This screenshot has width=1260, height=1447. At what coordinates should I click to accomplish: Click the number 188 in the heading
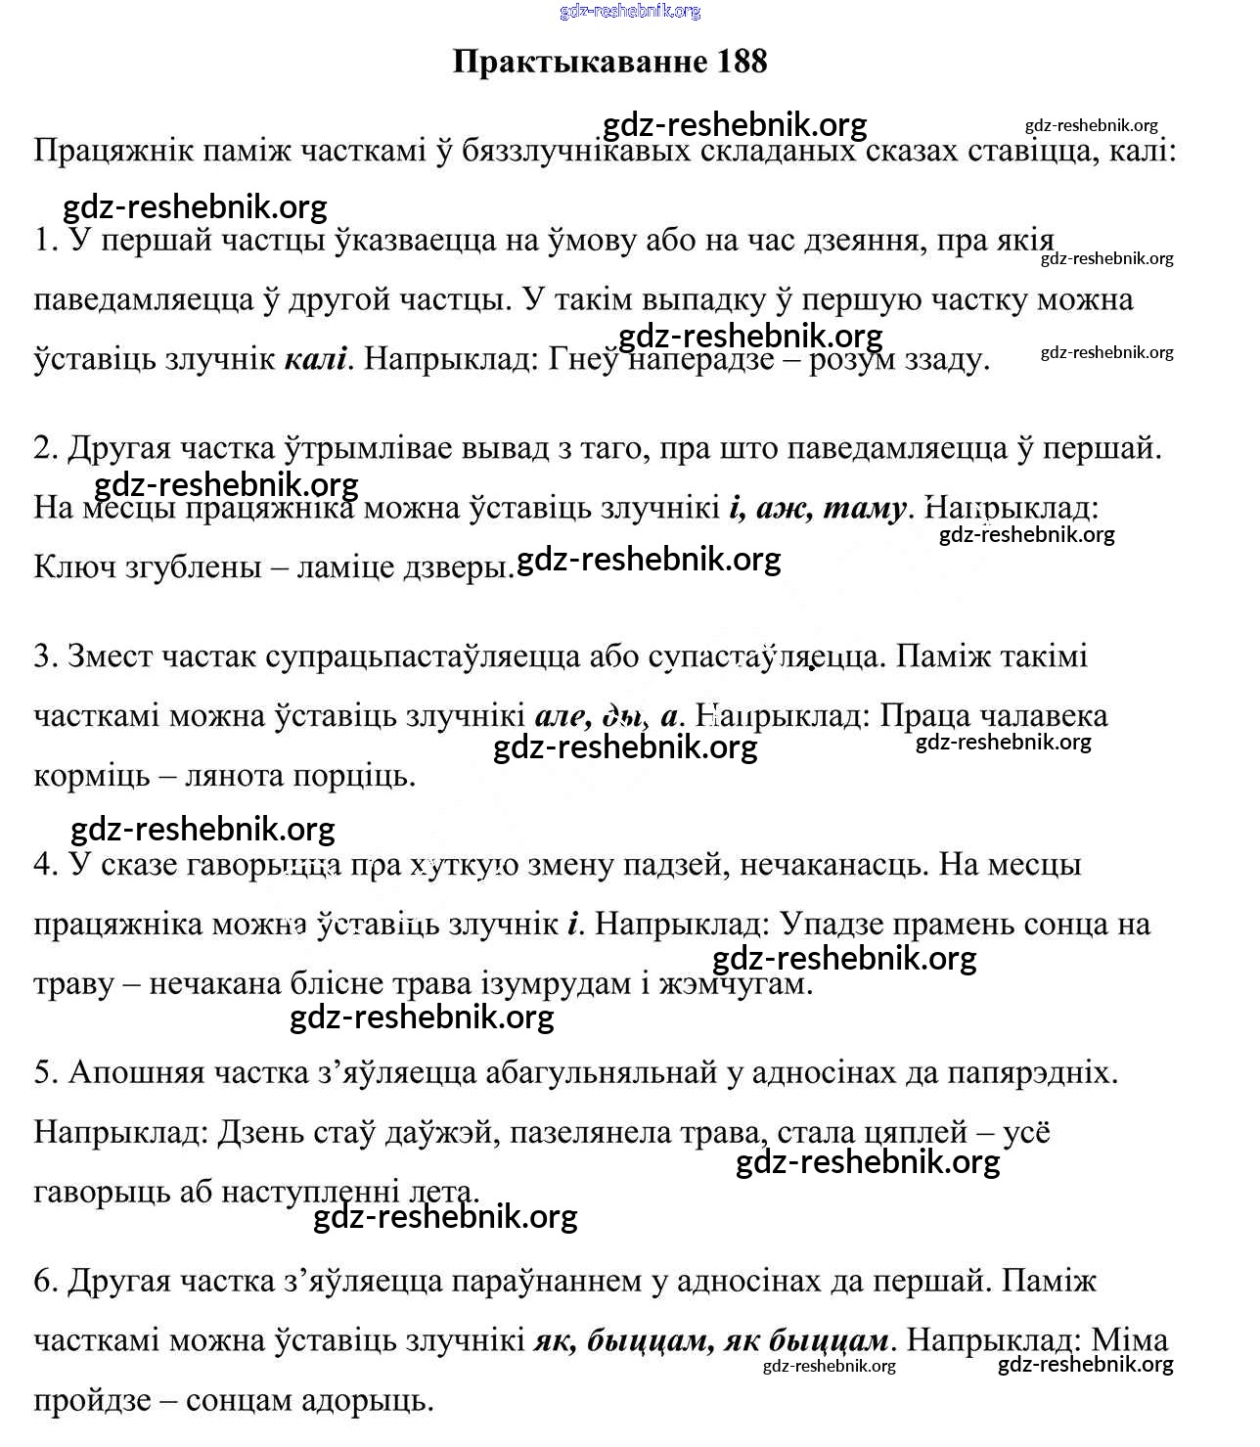pos(741,62)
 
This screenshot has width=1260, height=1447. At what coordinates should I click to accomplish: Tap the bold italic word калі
pos(315,359)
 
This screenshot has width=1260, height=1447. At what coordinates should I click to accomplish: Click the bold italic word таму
pos(864,508)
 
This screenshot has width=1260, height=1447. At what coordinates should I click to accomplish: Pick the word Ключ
pos(73,566)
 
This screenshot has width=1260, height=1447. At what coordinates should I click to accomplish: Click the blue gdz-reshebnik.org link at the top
pos(630,12)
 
